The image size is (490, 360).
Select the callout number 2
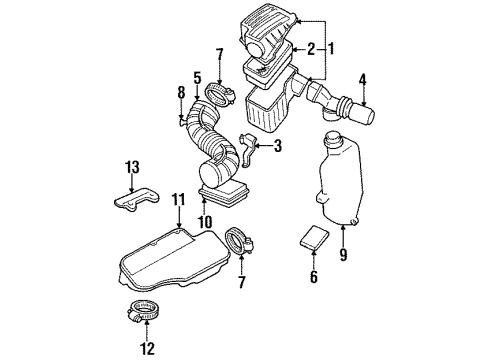pyautogui.click(x=311, y=47)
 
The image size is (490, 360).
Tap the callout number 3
pyautogui.click(x=277, y=146)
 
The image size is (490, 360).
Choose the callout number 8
pyautogui.click(x=181, y=96)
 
